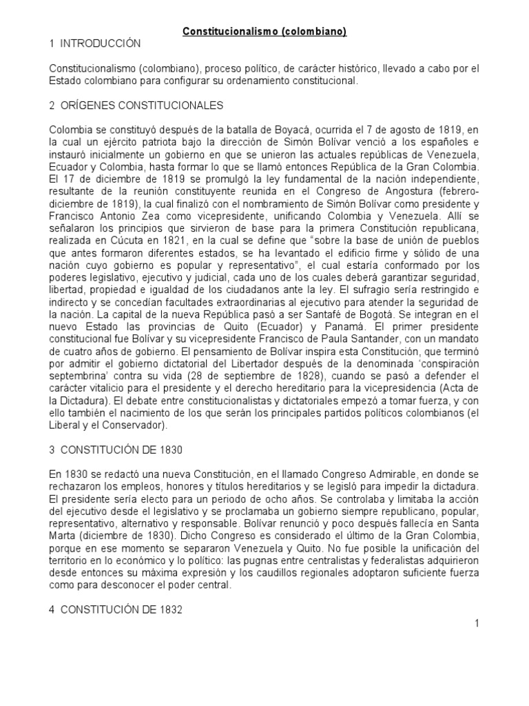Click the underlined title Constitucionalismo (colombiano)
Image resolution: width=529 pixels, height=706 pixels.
coord(264,32)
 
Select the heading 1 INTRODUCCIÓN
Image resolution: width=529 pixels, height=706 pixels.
coord(95,44)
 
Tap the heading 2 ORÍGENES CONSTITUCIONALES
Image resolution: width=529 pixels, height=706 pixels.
coord(136,105)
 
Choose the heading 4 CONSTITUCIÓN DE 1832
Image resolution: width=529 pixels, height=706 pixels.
coord(116,609)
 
